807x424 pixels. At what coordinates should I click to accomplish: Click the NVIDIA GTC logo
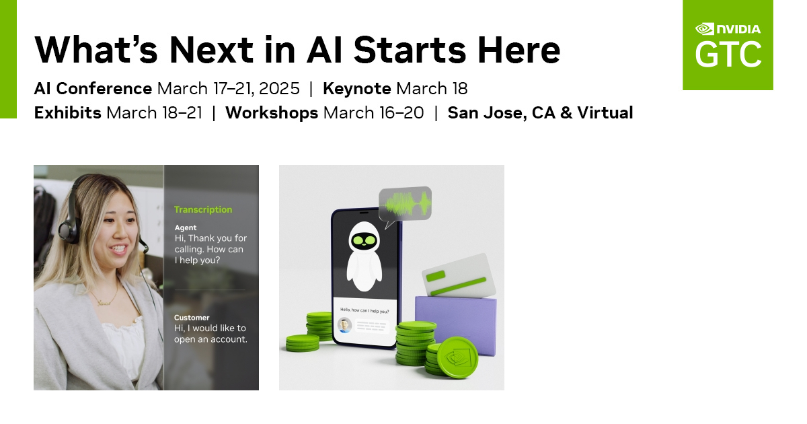[728, 44]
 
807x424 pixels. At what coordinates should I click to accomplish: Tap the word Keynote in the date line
[356, 88]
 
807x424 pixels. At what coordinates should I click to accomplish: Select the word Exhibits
[67, 112]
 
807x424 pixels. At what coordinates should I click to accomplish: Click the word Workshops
[272, 112]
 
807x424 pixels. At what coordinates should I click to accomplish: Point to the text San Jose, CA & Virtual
[540, 112]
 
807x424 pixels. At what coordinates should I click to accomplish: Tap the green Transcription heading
[203, 209]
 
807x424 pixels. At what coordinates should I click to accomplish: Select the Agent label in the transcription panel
[186, 227]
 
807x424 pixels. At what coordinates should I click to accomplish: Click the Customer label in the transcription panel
[192, 317]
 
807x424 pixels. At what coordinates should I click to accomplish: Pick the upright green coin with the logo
[457, 357]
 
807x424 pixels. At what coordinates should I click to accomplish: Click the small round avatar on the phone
[345, 325]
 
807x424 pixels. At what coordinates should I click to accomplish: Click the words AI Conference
[93, 88]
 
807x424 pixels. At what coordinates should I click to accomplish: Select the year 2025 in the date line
[279, 88]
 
